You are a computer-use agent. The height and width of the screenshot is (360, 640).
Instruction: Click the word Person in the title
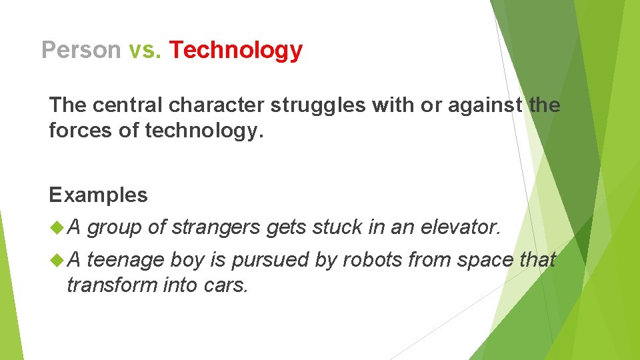click(x=81, y=50)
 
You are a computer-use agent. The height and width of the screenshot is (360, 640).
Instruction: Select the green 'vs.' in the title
click(x=145, y=50)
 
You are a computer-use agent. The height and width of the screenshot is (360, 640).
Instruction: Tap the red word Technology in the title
click(x=236, y=50)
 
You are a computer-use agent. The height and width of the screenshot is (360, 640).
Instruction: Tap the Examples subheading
click(x=98, y=195)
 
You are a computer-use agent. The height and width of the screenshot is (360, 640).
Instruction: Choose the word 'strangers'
click(x=216, y=228)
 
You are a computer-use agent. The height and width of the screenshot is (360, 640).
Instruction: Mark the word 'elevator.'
click(x=461, y=228)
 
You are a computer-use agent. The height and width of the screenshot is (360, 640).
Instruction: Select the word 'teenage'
click(x=126, y=260)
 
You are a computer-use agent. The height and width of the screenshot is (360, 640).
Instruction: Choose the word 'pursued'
click(x=269, y=260)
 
